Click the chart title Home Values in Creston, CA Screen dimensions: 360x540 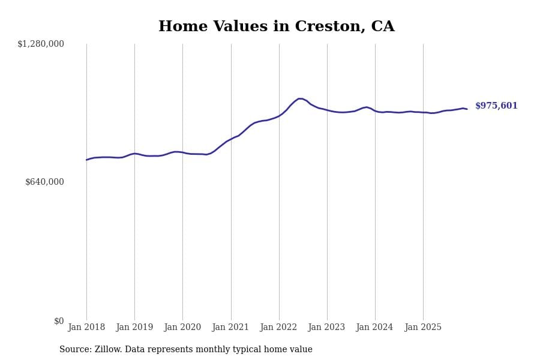pos(276,27)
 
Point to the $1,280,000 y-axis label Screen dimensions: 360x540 pos(41,44)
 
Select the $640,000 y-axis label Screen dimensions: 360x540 pos(44,182)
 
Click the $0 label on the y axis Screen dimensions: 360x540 pos(59,321)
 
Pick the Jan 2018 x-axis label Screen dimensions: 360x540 pos(86,328)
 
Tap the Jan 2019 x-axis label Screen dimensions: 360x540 pos(134,328)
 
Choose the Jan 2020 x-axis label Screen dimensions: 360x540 pos(182,328)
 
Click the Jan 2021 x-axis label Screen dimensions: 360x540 pos(230,328)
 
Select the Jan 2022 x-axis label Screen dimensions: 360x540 pos(278,328)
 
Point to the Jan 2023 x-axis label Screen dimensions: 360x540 pos(326,328)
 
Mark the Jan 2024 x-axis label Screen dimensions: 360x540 pos(374,328)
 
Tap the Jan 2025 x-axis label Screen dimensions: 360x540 pos(423,328)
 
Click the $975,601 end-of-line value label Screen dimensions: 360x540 pos(496,106)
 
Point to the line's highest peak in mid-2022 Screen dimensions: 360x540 pos(299,98)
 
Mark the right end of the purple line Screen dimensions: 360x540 pos(467,109)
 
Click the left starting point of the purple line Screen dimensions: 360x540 pos(86,160)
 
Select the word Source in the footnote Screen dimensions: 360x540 pos(74,350)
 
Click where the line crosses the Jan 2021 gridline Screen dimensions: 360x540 pos(231,139)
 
